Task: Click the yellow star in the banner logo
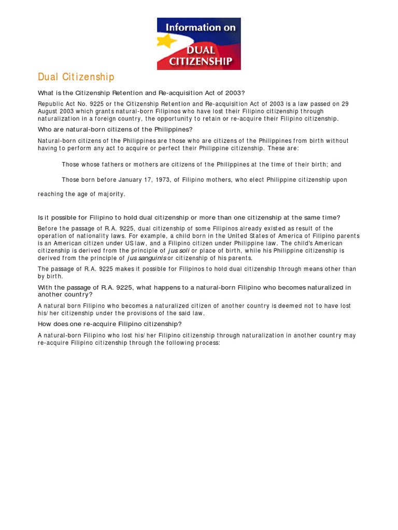tap(168, 41)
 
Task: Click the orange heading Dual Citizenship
tap(76, 77)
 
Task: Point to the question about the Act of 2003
tap(141, 93)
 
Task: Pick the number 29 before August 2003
tap(345, 104)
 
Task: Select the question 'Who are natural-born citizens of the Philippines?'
tap(115, 129)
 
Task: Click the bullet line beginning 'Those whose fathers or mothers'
tap(201, 165)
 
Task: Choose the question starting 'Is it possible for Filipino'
tap(189, 217)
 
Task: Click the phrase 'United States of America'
tap(247, 236)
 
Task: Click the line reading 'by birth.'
tap(50, 276)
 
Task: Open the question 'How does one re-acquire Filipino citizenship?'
tap(110, 324)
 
